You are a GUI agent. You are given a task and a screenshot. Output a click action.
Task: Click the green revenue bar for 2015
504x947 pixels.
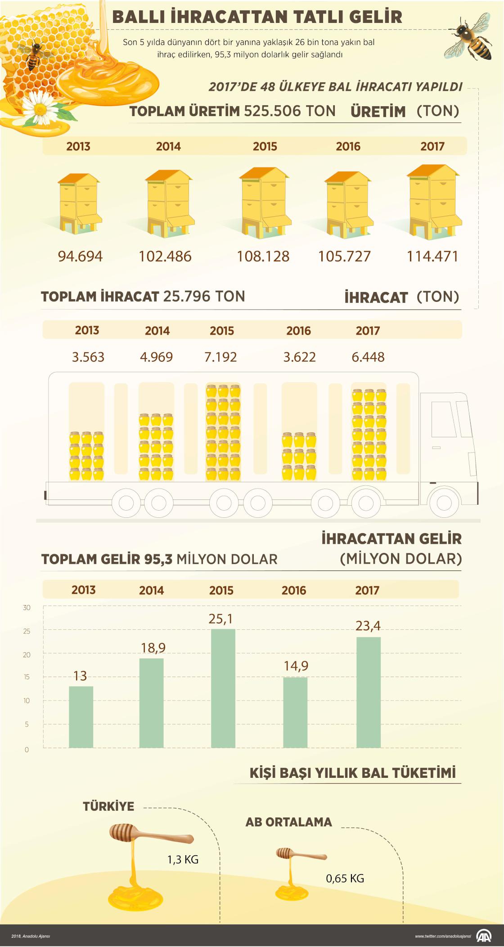point(223,688)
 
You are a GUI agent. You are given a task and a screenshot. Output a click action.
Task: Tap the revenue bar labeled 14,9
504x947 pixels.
point(295,712)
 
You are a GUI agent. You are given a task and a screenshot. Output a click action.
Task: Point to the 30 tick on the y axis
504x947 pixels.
point(27,608)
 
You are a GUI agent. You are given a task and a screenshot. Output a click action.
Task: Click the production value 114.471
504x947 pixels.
point(432,256)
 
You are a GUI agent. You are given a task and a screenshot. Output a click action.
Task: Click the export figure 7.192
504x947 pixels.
point(220,357)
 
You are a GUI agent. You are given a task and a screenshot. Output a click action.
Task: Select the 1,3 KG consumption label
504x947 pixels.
point(183,859)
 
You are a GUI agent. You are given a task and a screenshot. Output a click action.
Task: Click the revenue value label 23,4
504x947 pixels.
point(368,626)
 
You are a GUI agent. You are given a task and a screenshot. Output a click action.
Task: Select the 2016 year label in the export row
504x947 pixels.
point(298,331)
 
